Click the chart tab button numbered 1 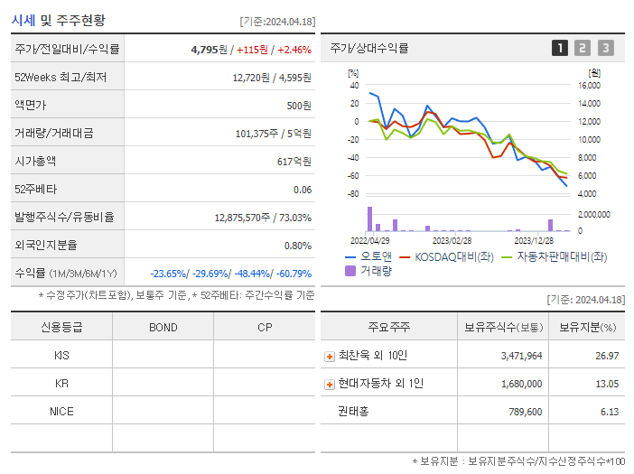[560, 48]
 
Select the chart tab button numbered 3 [605, 48]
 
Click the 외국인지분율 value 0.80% [297, 245]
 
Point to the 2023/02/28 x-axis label [452, 240]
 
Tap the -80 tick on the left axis [353, 194]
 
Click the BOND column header [163, 327]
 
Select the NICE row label [61, 411]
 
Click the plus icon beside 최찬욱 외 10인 [329, 357]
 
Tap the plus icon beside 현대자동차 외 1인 [329, 384]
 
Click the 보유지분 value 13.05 [607, 384]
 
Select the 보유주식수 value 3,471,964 [521, 356]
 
